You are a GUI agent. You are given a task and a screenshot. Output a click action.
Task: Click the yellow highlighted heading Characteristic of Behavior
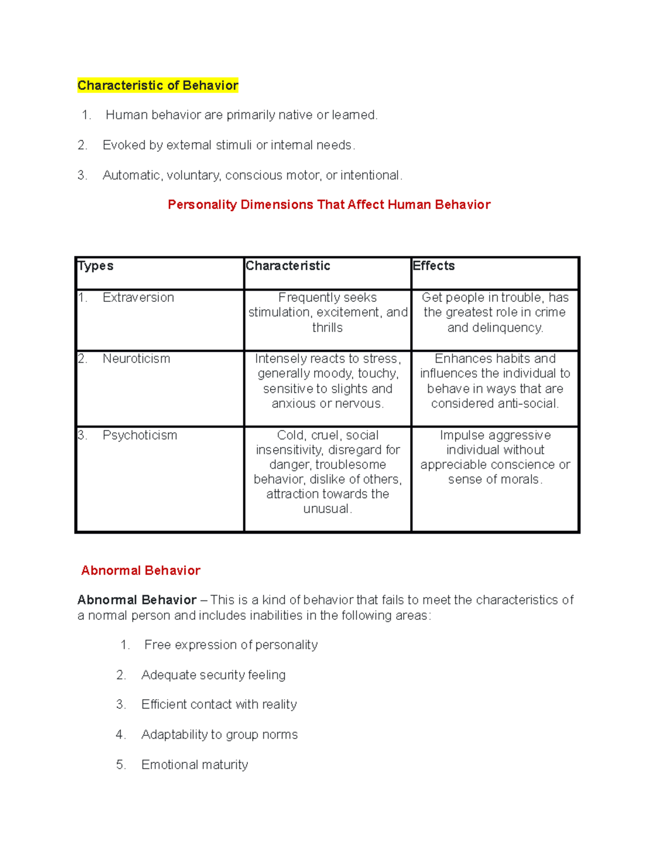point(158,85)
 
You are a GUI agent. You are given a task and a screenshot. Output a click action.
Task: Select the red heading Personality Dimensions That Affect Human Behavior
point(328,205)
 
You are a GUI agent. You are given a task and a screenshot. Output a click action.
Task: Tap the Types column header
point(95,266)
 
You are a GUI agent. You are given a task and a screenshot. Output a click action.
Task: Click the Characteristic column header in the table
point(288,266)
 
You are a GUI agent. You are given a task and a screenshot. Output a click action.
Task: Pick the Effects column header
point(434,266)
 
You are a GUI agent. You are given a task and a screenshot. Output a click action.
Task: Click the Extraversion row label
point(138,298)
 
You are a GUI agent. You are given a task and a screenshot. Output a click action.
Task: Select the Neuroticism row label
point(136,359)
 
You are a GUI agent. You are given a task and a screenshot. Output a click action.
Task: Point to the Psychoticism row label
point(140,435)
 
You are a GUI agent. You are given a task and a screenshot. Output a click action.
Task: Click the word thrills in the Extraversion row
point(327,328)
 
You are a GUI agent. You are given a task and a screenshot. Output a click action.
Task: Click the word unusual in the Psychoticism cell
point(326,509)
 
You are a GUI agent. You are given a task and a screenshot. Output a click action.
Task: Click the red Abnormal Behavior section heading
point(140,570)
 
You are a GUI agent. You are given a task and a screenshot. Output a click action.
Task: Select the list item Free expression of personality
point(230,645)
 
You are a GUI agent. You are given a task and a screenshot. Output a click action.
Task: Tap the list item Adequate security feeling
point(213,675)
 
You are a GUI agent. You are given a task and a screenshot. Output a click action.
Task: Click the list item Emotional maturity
point(195,764)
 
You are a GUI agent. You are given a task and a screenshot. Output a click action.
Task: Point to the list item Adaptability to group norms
point(219,735)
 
